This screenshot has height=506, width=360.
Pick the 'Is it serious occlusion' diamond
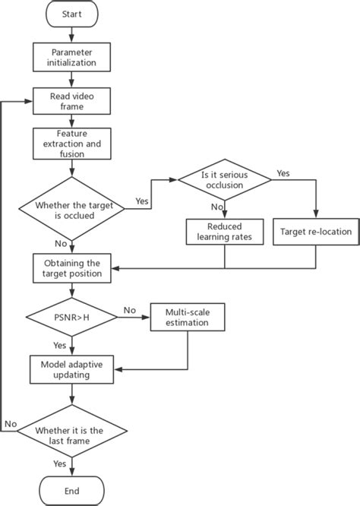[224, 179]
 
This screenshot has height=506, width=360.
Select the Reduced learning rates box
[224, 231]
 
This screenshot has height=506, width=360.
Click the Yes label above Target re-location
[283, 173]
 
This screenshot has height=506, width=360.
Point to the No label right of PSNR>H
[129, 310]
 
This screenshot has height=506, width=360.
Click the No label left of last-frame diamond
[11, 423]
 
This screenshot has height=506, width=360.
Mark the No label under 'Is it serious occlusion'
[216, 206]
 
